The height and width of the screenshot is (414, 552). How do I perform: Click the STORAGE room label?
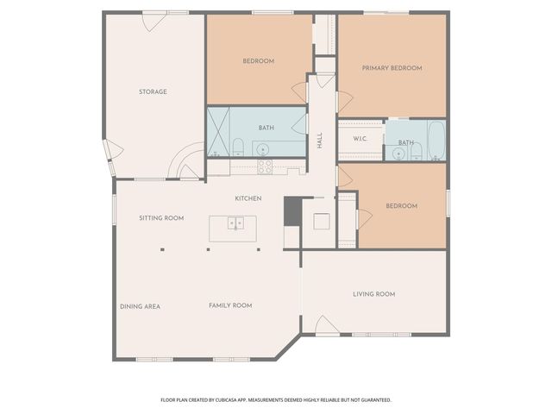[x=153, y=91]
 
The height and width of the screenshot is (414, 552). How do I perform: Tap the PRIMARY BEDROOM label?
[x=392, y=67]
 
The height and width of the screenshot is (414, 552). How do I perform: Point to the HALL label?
[x=319, y=141]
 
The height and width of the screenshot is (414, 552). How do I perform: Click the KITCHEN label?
[x=248, y=198]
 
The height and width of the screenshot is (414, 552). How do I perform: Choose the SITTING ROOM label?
[x=161, y=218]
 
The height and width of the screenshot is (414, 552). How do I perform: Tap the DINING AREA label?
[x=140, y=306]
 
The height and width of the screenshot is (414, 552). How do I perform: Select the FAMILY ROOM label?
[x=230, y=305]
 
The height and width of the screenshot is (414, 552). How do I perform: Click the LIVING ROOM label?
[x=373, y=294]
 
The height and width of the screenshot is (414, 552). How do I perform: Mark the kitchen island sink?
[x=235, y=224]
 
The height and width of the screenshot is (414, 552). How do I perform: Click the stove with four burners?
[x=264, y=166]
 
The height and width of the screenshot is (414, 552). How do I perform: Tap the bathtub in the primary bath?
[x=436, y=141]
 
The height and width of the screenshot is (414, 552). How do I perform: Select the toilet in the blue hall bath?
[x=237, y=144]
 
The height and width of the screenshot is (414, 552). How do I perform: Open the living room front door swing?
[x=326, y=325]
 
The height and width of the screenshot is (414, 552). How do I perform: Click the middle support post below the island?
[x=208, y=250]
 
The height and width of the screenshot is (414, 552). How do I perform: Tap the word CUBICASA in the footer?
[x=229, y=400]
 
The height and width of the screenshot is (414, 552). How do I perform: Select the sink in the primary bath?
[x=398, y=154]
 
